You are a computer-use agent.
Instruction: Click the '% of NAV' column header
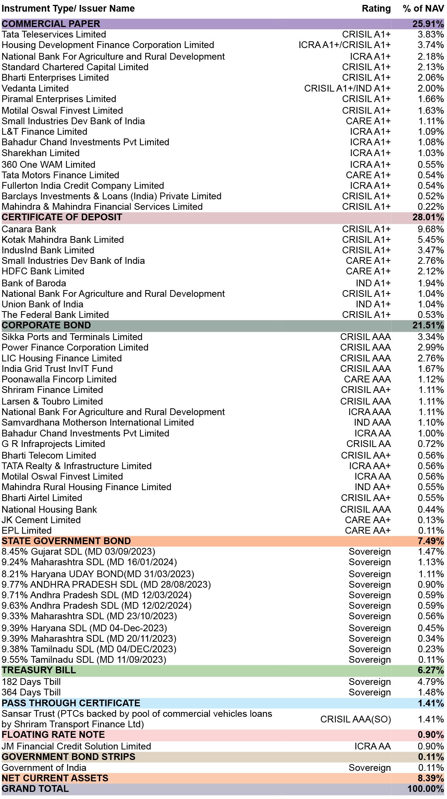point(423,9)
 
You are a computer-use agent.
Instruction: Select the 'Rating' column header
point(376,9)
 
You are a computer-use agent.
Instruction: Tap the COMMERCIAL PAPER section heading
point(51,24)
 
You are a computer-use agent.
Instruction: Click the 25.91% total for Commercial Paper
point(428,24)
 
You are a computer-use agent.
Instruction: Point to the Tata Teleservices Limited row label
point(54,35)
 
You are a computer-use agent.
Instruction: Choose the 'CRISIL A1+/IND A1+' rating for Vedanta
point(348,89)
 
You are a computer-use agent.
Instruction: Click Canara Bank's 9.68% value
point(431,229)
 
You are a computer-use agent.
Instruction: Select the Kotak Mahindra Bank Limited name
point(63,240)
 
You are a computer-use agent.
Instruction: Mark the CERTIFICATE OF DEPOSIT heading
point(62,217)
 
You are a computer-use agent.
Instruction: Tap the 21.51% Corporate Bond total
point(428,325)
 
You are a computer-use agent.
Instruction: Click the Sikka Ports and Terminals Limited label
point(72,337)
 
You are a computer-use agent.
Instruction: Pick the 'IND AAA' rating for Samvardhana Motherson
point(372,423)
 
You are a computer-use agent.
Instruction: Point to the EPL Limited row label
point(27,531)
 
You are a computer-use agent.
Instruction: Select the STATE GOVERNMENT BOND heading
point(66,541)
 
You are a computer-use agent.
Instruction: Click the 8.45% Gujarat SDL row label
point(78,552)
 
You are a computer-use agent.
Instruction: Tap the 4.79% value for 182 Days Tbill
point(431,682)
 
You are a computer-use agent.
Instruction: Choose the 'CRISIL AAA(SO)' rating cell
point(356,719)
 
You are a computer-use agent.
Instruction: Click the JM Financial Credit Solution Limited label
point(76,746)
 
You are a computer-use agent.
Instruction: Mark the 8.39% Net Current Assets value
point(431,778)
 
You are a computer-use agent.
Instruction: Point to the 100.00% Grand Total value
point(426,789)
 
